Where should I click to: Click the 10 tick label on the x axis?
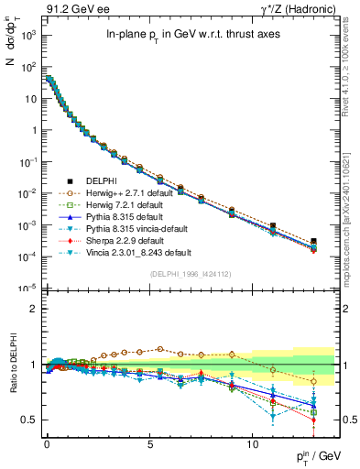(x=253, y=442)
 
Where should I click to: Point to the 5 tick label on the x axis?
(x=150, y=442)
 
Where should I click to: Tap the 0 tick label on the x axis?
(x=48, y=442)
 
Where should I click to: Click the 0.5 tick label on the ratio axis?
(x=26, y=420)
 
